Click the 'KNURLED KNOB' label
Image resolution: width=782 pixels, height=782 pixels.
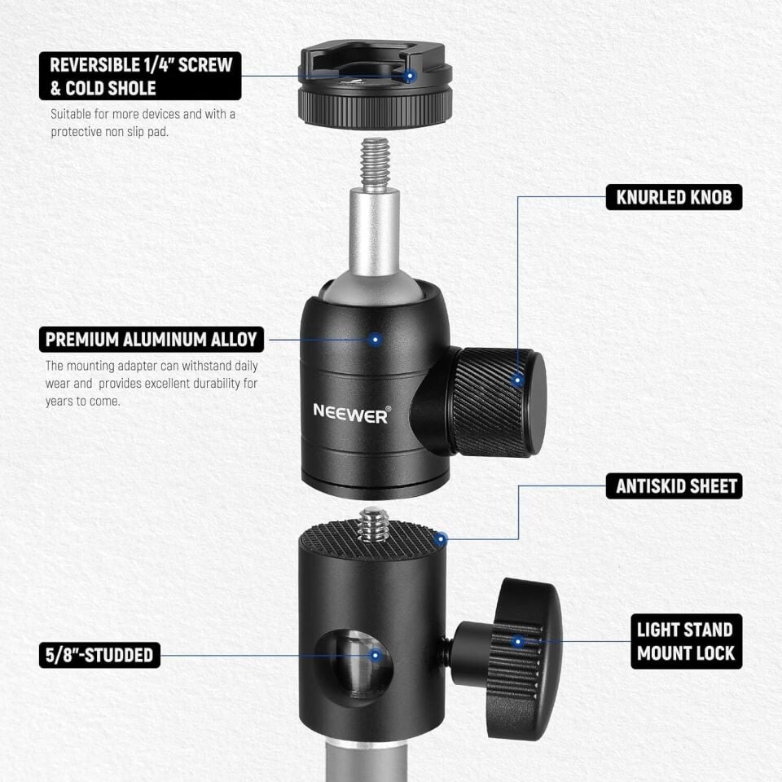click(674, 196)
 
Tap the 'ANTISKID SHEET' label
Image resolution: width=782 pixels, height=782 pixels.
click(674, 486)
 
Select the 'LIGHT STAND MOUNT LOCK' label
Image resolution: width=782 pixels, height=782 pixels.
click(686, 641)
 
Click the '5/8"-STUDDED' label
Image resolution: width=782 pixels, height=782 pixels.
click(99, 654)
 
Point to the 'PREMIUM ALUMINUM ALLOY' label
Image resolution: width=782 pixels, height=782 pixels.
click(152, 340)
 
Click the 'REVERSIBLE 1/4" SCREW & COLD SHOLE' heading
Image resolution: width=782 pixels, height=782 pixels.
click(140, 76)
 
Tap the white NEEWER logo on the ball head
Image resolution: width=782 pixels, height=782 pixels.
click(351, 413)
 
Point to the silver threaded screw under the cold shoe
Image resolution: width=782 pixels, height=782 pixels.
click(374, 163)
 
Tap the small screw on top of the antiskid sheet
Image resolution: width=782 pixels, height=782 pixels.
click(374, 525)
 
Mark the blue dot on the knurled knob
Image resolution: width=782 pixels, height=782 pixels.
click(516, 380)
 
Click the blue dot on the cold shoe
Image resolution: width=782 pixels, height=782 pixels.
click(411, 76)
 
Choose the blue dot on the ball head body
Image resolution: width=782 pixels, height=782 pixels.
click(376, 339)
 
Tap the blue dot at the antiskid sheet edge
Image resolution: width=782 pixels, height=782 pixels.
click(440, 538)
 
